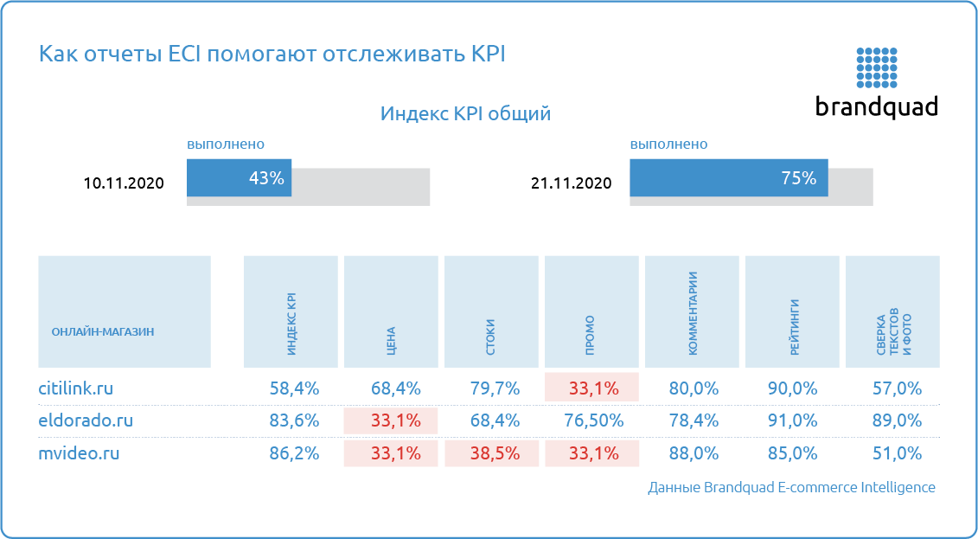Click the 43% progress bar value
coord(266,178)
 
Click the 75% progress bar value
coord(798,178)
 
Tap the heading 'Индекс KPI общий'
coord(465,114)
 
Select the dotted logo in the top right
coord(877,67)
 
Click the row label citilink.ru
coord(76,388)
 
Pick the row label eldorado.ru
coord(86,420)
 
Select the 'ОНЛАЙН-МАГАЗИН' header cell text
coord(103,331)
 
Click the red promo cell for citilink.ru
coord(591,387)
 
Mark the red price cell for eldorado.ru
coord(391,420)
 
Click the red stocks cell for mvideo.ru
coord(491,452)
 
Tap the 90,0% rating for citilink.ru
coord(792,388)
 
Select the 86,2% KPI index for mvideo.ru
coord(294,452)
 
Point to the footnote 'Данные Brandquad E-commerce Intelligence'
coord(791,487)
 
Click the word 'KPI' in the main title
coord(487,54)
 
